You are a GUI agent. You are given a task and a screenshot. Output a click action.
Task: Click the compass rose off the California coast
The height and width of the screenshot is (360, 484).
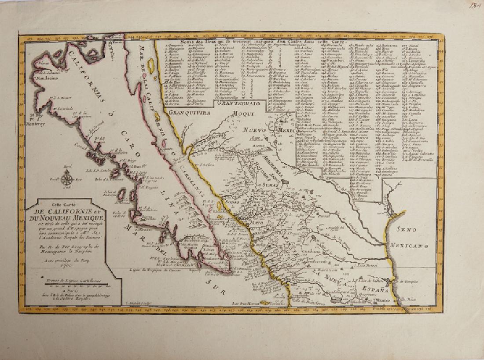click(x=67, y=179)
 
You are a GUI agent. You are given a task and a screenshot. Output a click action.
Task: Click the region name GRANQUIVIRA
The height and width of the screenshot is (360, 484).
click(x=190, y=112)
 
